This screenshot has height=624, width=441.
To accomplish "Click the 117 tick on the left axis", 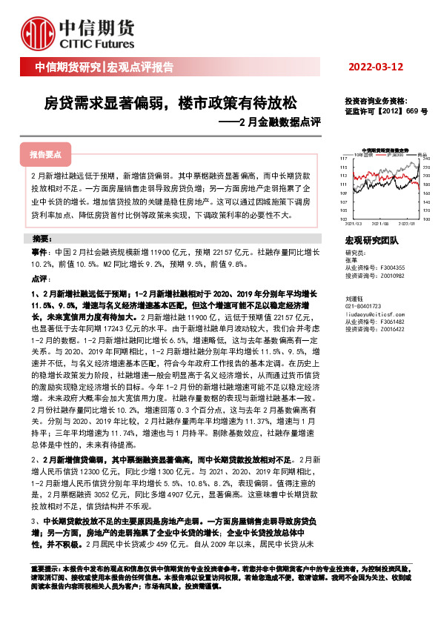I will point(343,159).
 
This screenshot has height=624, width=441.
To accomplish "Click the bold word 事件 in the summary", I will point(40,253).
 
